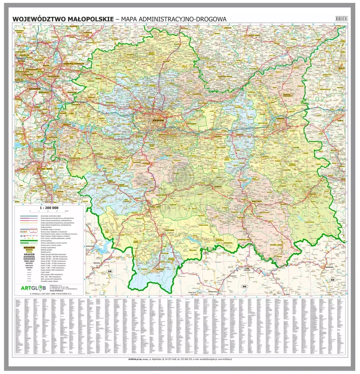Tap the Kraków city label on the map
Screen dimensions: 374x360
tap(158, 120)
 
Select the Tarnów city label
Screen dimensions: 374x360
tap(280, 118)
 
